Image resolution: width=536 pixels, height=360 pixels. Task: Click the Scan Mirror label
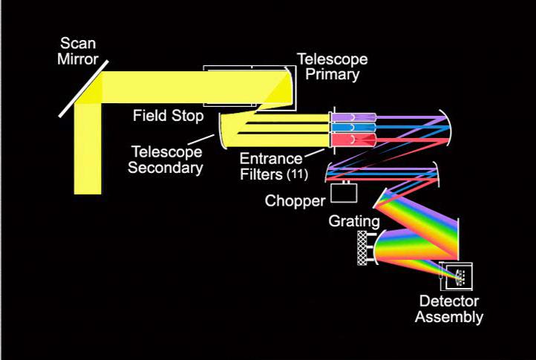tap(77, 50)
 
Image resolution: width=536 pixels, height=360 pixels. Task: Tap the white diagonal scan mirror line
tap(84, 88)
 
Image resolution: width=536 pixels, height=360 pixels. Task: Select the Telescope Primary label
tap(332, 67)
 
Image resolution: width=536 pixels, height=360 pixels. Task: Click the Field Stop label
tap(169, 116)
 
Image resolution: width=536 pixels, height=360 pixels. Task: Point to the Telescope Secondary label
tap(166, 160)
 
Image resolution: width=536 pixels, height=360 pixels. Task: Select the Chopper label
tap(295, 201)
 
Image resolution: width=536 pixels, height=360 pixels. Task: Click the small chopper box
tap(344, 193)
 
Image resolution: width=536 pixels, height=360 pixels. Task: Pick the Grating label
tap(355, 221)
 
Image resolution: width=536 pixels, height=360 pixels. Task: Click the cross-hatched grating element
tap(363, 248)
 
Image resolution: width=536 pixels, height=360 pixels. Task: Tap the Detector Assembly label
tap(448, 310)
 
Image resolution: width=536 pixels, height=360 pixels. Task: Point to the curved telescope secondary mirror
tap(223, 131)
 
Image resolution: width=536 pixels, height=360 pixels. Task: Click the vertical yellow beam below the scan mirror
tap(88, 156)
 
